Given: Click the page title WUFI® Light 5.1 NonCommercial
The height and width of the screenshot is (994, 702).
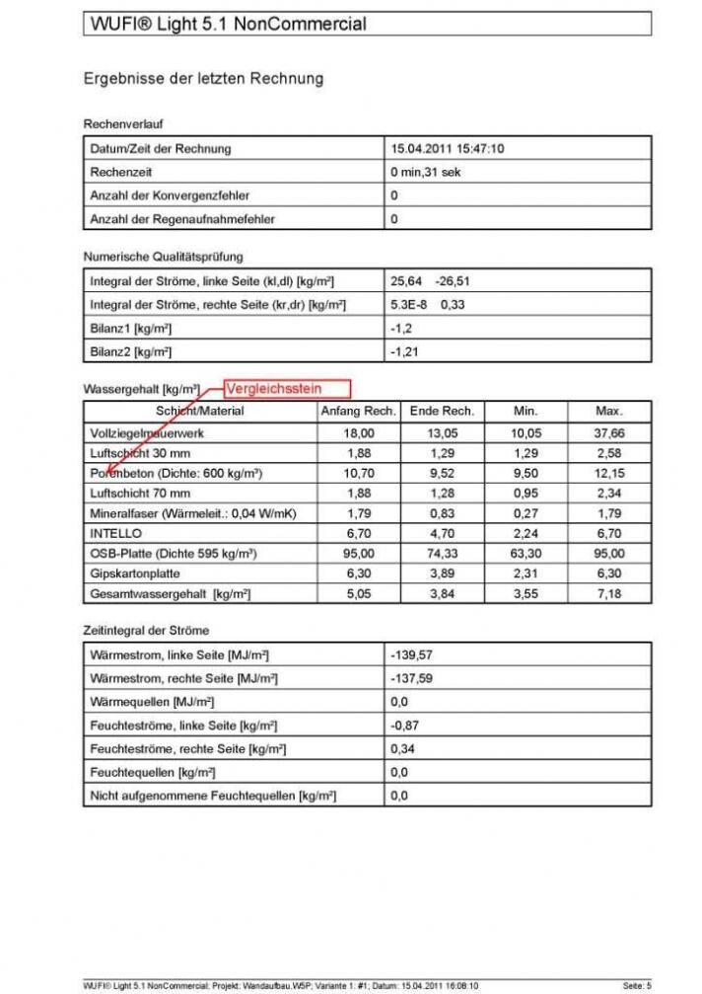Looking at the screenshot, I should click(226, 24).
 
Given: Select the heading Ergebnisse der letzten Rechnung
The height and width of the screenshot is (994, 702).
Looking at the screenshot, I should click(203, 78).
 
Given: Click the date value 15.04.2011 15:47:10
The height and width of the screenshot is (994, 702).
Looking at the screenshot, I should click(448, 149).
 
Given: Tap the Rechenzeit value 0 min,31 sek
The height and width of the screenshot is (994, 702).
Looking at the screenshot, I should click(425, 172).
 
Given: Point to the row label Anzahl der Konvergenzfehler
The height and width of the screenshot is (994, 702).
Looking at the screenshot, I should click(170, 195).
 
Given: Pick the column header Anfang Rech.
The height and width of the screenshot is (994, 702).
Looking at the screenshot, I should click(359, 411).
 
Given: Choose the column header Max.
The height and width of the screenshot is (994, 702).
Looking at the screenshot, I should click(608, 411).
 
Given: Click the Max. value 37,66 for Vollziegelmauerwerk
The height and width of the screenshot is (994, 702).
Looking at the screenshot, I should click(608, 432).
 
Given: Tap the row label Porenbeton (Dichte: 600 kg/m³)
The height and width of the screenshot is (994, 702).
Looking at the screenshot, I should click(175, 473).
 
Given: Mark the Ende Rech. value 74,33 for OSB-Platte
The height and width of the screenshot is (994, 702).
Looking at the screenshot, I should click(442, 553).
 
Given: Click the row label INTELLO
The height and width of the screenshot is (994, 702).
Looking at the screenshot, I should click(115, 533).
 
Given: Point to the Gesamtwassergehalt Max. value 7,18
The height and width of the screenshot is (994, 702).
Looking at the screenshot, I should click(608, 593).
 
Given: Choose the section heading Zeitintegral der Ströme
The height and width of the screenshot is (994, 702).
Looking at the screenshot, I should click(146, 630).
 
